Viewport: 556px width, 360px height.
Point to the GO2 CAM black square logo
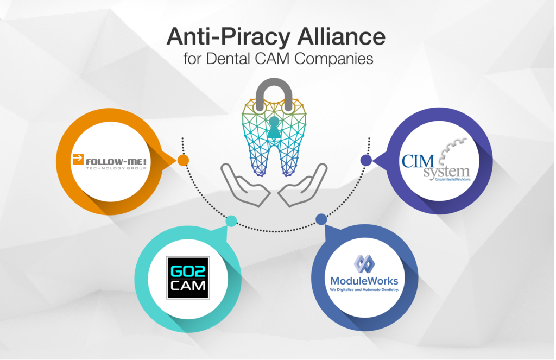[187, 277]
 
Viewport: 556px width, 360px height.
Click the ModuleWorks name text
[364, 281]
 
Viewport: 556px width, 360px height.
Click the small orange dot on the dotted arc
[183, 160]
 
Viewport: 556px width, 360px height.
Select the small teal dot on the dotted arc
[231, 221]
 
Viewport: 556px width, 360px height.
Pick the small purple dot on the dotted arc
[366, 160]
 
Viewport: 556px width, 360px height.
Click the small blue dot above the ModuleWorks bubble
[321, 219]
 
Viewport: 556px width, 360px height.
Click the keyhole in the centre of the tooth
[274, 128]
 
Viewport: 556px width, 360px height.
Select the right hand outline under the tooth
[304, 187]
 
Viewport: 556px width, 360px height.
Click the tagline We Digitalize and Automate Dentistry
[364, 290]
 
